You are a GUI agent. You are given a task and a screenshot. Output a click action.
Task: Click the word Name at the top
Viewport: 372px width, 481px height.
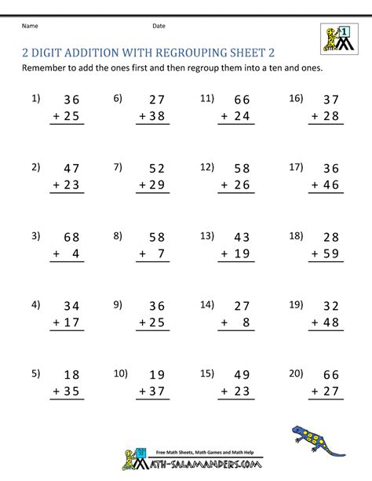[x=30, y=26]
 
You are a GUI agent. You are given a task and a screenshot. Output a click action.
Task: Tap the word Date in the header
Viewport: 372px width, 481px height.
[x=159, y=26]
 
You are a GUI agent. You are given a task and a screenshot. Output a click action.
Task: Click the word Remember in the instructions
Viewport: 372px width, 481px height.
[x=49, y=68]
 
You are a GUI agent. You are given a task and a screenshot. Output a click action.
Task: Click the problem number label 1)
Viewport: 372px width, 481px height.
[x=35, y=99]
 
